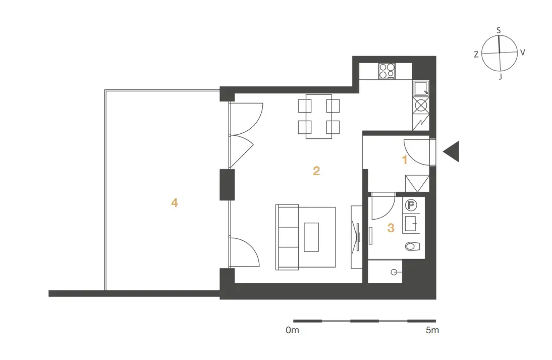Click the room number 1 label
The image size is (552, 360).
(405, 160)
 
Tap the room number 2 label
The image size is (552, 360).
(316, 171)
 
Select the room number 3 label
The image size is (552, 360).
(391, 228)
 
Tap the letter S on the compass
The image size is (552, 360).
(499, 31)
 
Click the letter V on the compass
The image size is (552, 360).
(523, 53)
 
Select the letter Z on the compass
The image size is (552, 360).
(476, 55)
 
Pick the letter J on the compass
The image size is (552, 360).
(501, 76)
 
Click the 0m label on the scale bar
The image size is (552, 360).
(292, 330)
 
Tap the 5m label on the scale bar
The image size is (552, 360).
(432, 330)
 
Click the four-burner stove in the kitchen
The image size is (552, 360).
(387, 71)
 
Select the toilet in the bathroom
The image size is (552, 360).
(412, 246)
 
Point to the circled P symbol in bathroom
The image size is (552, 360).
(411, 205)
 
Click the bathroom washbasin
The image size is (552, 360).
(411, 224)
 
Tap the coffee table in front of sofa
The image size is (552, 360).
(311, 237)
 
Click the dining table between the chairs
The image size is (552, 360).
(319, 116)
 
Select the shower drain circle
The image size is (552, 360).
(394, 272)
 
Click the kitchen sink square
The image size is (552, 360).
(421, 88)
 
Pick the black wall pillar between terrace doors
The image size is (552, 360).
(227, 185)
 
